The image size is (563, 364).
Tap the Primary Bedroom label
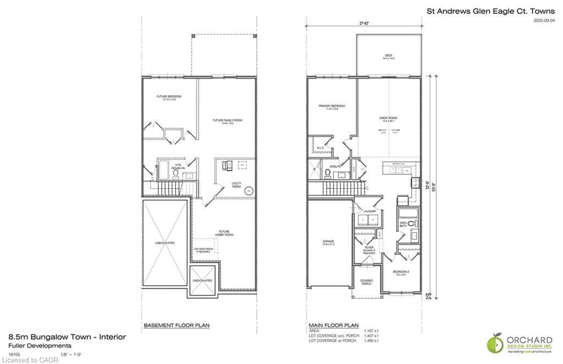pos(332,107)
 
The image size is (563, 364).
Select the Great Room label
pos(389,118)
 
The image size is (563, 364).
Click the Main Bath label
pos(402,224)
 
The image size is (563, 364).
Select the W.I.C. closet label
pos(321,148)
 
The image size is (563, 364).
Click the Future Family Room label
pos(228,122)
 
